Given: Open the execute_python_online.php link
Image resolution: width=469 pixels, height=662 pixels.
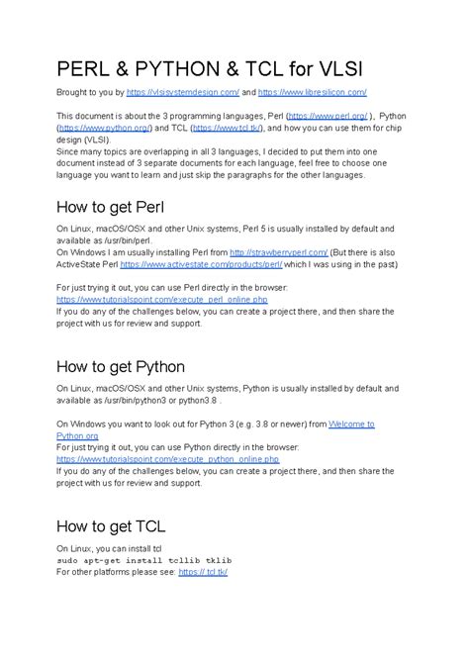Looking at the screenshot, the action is (x=147, y=458).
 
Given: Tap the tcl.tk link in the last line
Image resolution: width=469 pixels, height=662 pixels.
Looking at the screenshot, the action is (x=203, y=571).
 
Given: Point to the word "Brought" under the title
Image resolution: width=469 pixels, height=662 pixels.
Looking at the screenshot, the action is (x=75, y=92).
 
